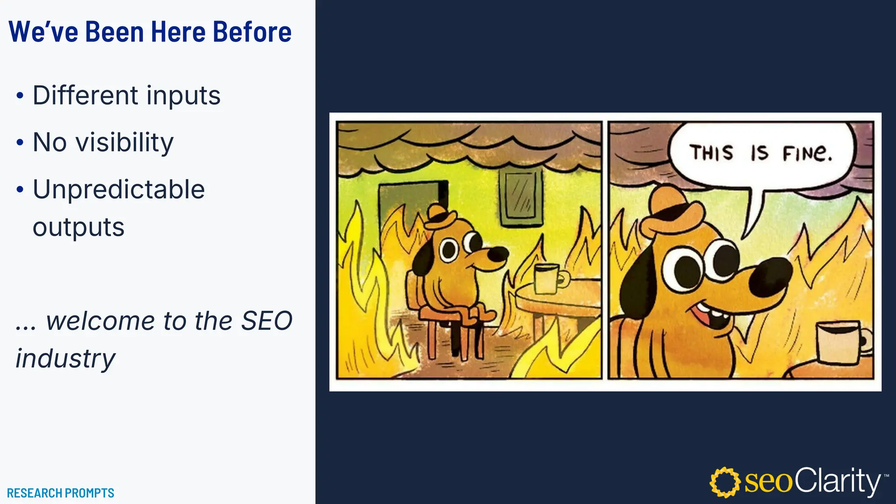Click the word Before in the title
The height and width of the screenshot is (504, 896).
(x=252, y=32)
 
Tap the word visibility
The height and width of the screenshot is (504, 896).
(x=125, y=143)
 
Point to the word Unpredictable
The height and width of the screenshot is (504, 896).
(x=119, y=190)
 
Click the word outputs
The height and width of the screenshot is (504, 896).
(x=79, y=227)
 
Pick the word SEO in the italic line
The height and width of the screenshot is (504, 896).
(x=266, y=321)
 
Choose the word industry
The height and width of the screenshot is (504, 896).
(x=66, y=359)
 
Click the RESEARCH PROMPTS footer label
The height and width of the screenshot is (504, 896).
(x=60, y=493)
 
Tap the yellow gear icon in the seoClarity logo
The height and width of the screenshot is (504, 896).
(x=724, y=482)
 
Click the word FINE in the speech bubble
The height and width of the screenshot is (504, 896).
(x=807, y=153)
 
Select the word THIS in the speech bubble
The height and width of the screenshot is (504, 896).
(x=711, y=153)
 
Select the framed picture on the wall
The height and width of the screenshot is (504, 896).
(x=521, y=197)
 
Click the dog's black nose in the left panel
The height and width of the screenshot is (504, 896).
(x=498, y=254)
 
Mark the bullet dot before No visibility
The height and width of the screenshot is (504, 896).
(x=20, y=143)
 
